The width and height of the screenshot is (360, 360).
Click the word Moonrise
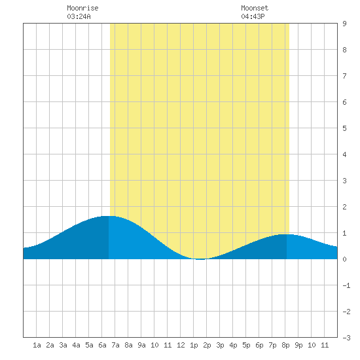pyautogui.click(x=82, y=8)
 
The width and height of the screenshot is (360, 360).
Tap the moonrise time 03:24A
pyautogui.click(x=79, y=16)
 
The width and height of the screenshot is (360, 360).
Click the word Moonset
pyautogui.click(x=255, y=8)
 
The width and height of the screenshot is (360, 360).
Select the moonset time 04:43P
pyautogui.click(x=253, y=16)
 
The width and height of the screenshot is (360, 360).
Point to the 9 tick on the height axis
pyautogui.click(x=344, y=24)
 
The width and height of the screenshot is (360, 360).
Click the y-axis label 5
pyautogui.click(x=344, y=128)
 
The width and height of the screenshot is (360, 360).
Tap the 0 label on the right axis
pyautogui.click(x=344, y=259)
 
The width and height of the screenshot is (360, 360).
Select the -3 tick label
pyautogui.click(x=346, y=338)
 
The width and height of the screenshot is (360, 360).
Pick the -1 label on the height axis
pyautogui.click(x=346, y=285)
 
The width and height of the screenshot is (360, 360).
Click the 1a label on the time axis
pyautogui.click(x=37, y=345)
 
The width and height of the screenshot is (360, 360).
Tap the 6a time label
pyautogui.click(x=102, y=345)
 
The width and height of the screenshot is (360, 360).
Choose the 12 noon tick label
pyautogui.click(x=181, y=345)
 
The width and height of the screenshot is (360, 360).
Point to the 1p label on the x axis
pyautogui.click(x=194, y=345)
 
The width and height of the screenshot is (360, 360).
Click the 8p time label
pyautogui.click(x=285, y=345)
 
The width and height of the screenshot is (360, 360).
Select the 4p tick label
pyautogui.click(x=233, y=345)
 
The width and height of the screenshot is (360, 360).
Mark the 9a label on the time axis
pyautogui.click(x=141, y=345)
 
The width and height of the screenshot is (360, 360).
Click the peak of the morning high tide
pyautogui.click(x=109, y=216)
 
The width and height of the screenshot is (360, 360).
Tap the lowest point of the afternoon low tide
pyautogui.click(x=200, y=259)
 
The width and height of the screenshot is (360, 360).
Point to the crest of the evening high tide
pyautogui.click(x=287, y=234)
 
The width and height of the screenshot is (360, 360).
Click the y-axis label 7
pyautogui.click(x=344, y=76)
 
